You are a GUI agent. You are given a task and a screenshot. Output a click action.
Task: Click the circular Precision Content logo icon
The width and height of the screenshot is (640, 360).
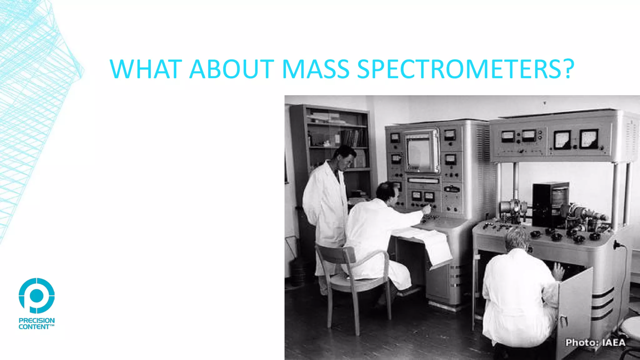tap(37, 295)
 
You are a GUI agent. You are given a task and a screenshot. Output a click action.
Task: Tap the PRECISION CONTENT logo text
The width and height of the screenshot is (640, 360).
tap(37, 323)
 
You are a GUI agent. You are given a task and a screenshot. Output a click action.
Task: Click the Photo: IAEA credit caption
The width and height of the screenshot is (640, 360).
tap(595, 342)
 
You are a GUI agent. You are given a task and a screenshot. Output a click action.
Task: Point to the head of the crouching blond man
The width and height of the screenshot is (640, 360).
tap(517, 239)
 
